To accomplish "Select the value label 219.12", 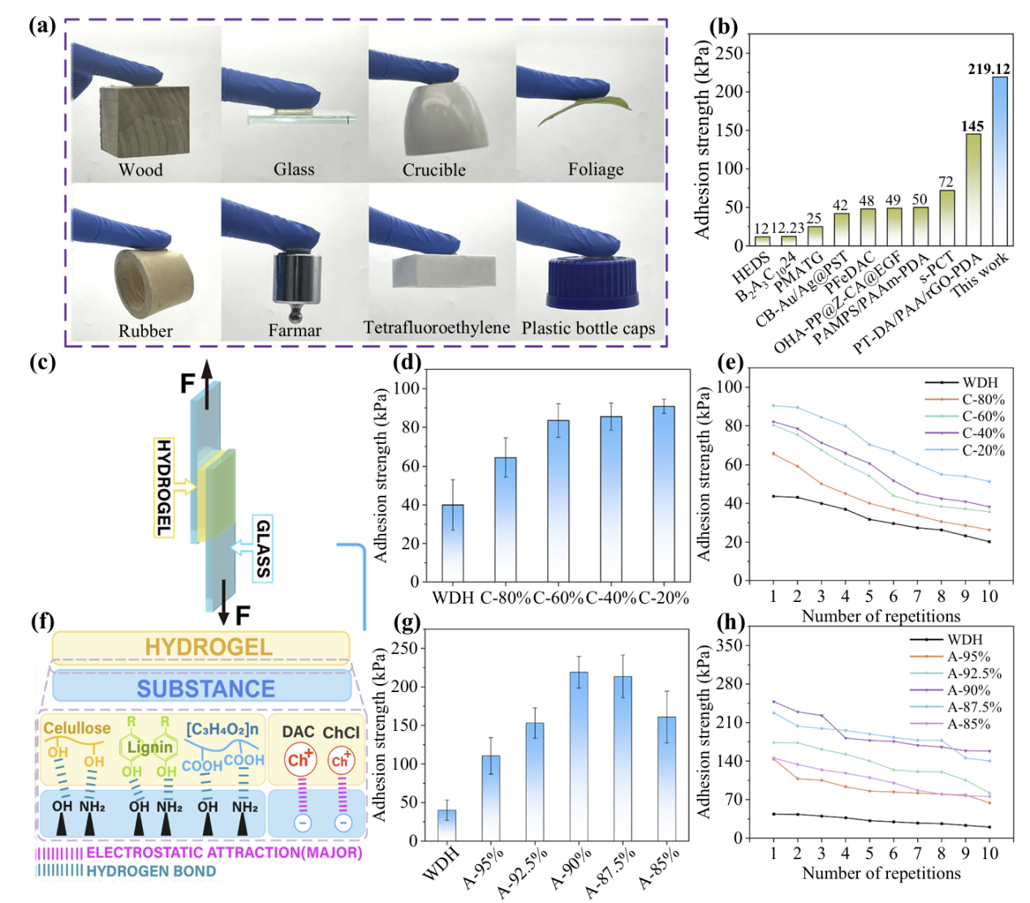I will point(989,69).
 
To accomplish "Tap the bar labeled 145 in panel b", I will point(973,189).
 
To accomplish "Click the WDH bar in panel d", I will point(453,543).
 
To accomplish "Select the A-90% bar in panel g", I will point(579,755).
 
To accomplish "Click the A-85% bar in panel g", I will point(666,778).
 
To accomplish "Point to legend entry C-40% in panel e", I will point(983,433).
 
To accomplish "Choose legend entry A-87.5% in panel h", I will point(974,707).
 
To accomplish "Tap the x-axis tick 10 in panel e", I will point(989,596).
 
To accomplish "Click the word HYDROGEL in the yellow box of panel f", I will point(209,647).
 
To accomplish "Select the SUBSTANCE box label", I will point(205,689).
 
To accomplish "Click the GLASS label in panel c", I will point(262,549).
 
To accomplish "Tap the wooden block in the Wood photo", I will point(144,123).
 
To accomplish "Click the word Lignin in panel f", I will point(150,747).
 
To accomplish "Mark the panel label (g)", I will point(405,622).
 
